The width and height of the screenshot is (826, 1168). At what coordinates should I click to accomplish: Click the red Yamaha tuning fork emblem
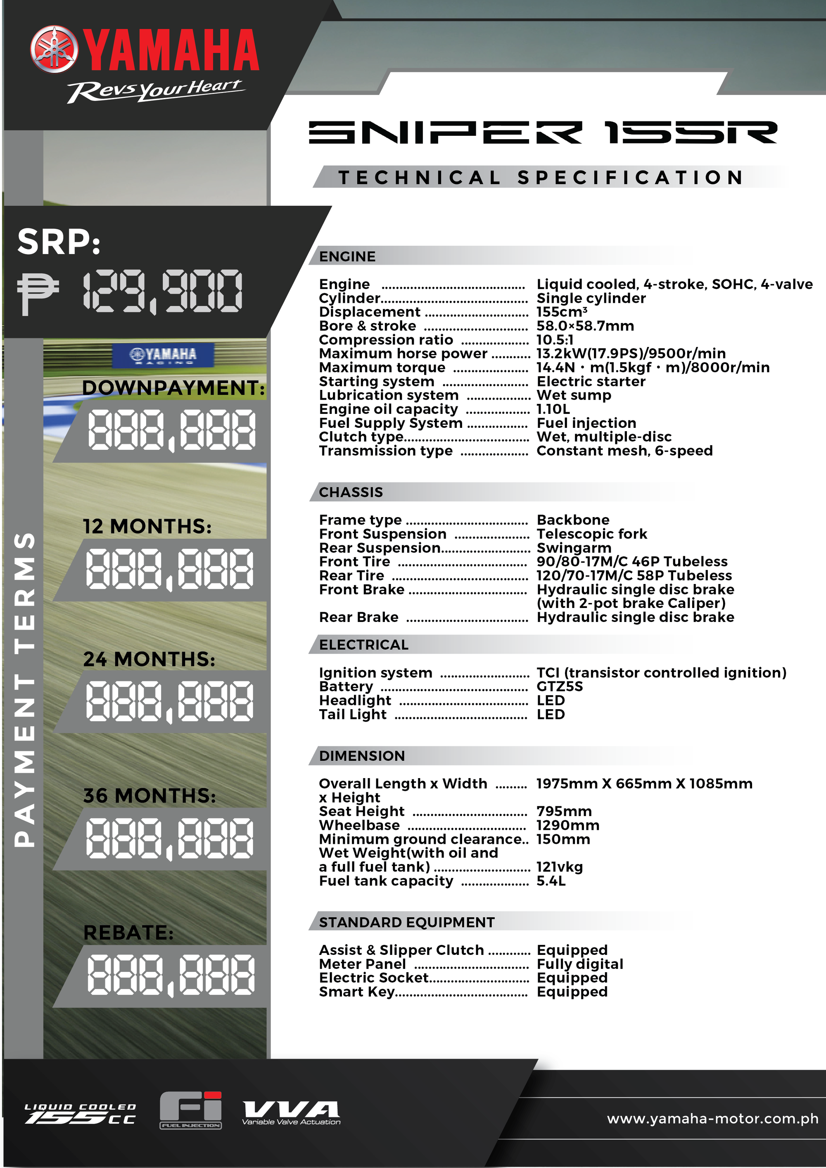click(x=55, y=49)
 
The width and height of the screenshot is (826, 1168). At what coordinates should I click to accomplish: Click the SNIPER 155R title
click(x=542, y=132)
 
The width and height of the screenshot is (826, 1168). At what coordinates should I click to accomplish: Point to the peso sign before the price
click(x=37, y=292)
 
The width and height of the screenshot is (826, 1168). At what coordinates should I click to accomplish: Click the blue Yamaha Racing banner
click(x=163, y=354)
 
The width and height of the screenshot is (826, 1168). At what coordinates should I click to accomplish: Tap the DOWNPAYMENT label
click(x=173, y=388)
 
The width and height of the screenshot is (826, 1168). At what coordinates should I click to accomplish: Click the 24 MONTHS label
click(x=149, y=659)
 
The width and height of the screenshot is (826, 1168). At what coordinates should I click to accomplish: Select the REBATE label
click(x=128, y=933)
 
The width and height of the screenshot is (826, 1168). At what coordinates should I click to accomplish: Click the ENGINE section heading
click(x=347, y=256)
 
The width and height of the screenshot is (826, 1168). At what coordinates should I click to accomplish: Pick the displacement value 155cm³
click(x=562, y=312)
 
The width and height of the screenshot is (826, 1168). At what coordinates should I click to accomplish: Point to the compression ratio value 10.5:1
click(x=554, y=340)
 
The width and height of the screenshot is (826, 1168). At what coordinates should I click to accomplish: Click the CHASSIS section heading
click(x=351, y=492)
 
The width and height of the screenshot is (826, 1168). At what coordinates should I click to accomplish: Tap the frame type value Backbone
click(x=573, y=520)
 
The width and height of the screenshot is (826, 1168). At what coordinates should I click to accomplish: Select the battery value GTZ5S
click(x=560, y=687)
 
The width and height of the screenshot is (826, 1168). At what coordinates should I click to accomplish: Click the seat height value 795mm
click(x=564, y=812)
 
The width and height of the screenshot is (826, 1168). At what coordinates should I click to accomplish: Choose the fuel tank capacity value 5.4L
click(x=551, y=881)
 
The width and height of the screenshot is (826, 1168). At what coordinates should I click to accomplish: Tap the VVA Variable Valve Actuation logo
click(x=291, y=1113)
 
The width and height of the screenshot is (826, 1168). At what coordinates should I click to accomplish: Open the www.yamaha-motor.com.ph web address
click(x=712, y=1119)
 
